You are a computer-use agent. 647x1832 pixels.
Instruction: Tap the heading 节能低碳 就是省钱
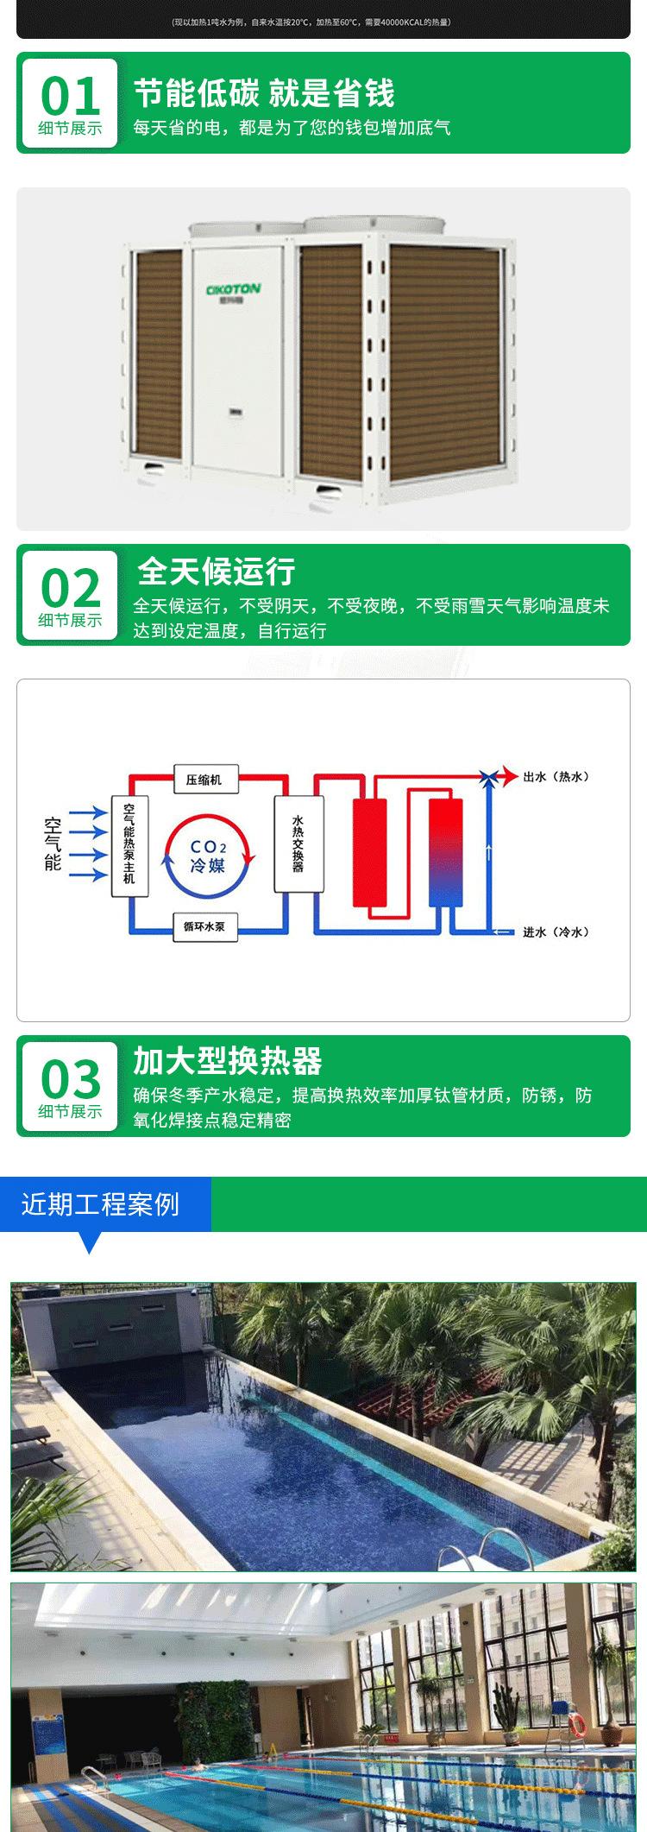(264, 92)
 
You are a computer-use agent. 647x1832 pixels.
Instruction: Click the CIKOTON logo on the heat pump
(233, 290)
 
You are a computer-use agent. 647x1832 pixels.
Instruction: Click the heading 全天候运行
(217, 572)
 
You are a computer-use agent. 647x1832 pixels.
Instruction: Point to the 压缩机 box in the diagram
(204, 780)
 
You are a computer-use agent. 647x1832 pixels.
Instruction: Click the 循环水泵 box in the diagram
(204, 927)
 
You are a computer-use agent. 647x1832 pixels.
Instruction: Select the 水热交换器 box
(298, 843)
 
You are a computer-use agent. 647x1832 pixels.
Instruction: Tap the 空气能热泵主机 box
(129, 844)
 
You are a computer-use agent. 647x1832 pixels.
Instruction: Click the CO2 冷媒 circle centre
(208, 855)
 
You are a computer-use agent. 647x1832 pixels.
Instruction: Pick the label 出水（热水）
(556, 777)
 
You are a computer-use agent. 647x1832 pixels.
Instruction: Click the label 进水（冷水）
(556, 932)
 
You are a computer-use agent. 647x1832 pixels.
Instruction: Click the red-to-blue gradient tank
(445, 851)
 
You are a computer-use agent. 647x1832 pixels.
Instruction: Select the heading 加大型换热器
(228, 1061)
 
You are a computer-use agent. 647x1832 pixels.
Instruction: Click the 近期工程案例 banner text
(100, 1204)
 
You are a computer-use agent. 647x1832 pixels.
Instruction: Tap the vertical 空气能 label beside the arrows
(53, 843)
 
